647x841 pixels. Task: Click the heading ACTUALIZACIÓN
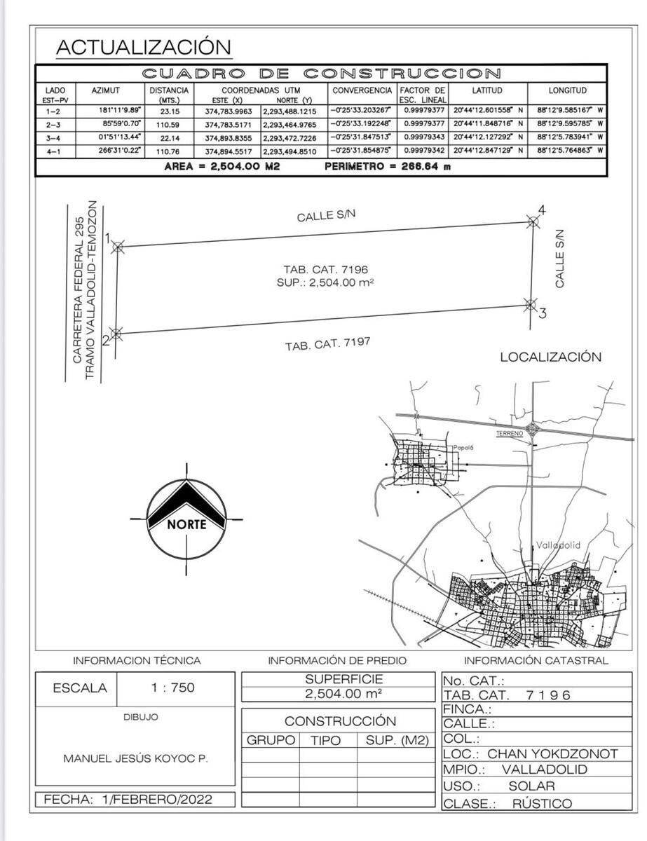coord(143,47)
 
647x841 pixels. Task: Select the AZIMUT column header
coord(106,91)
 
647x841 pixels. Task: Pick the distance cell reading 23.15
coord(170,111)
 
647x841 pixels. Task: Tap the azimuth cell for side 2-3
coord(121,124)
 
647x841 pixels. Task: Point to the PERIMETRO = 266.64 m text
coord(388,167)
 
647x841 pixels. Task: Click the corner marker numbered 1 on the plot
coord(118,247)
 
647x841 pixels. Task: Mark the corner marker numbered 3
coord(530,304)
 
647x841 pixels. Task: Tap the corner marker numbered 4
coord(533,222)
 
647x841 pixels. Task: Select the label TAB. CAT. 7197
coord(327,344)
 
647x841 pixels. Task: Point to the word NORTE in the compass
coord(186,524)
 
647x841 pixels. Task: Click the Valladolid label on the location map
coord(558,545)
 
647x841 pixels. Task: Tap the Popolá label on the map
coord(463,447)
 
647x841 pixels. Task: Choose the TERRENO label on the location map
coord(510,434)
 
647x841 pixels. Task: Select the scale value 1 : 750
coord(172,688)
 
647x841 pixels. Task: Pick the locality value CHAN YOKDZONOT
coord(552,754)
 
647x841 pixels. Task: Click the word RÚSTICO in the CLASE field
coord(542,804)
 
